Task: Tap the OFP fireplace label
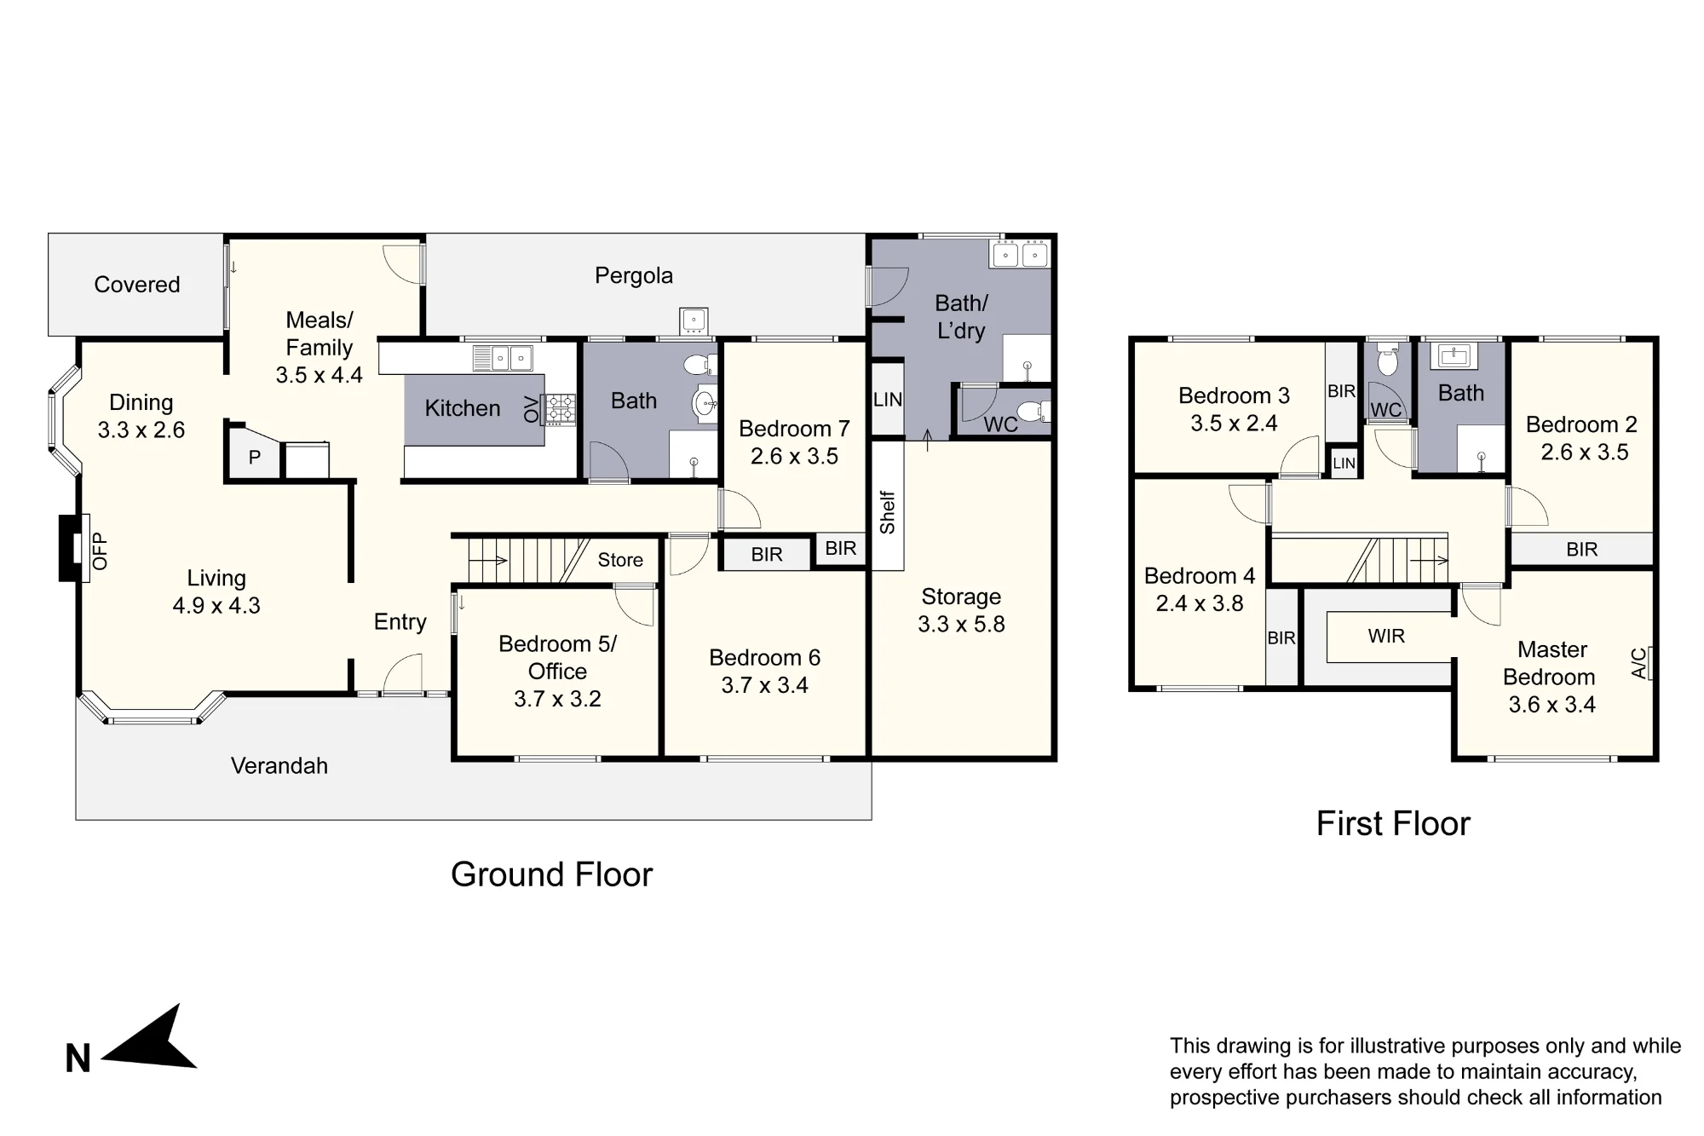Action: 100,551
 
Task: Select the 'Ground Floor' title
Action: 551,874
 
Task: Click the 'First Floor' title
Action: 1393,823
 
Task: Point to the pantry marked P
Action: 254,458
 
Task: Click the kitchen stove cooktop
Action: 560,410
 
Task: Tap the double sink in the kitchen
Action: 503,358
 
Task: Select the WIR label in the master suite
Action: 1386,636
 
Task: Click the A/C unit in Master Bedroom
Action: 1648,663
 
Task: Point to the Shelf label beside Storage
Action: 887,512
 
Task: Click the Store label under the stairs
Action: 620,560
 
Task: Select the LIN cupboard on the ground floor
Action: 887,399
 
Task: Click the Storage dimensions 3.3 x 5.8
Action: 961,624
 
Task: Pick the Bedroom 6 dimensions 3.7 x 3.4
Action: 764,685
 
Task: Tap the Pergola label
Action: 634,275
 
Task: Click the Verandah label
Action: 279,765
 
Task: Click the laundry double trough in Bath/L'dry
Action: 1020,254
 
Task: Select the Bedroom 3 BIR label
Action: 1341,391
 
